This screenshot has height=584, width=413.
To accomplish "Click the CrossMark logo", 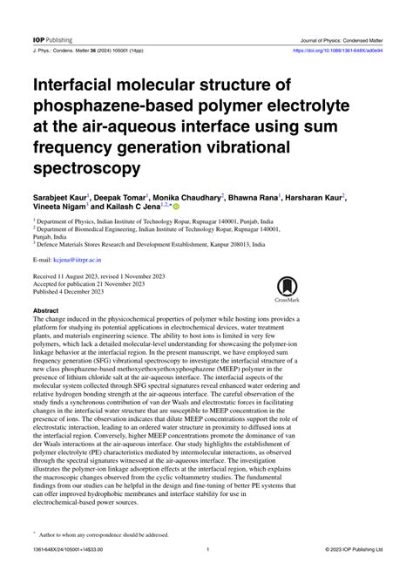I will coord(288,289).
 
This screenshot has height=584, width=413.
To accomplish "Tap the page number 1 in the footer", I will coord(207,574).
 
